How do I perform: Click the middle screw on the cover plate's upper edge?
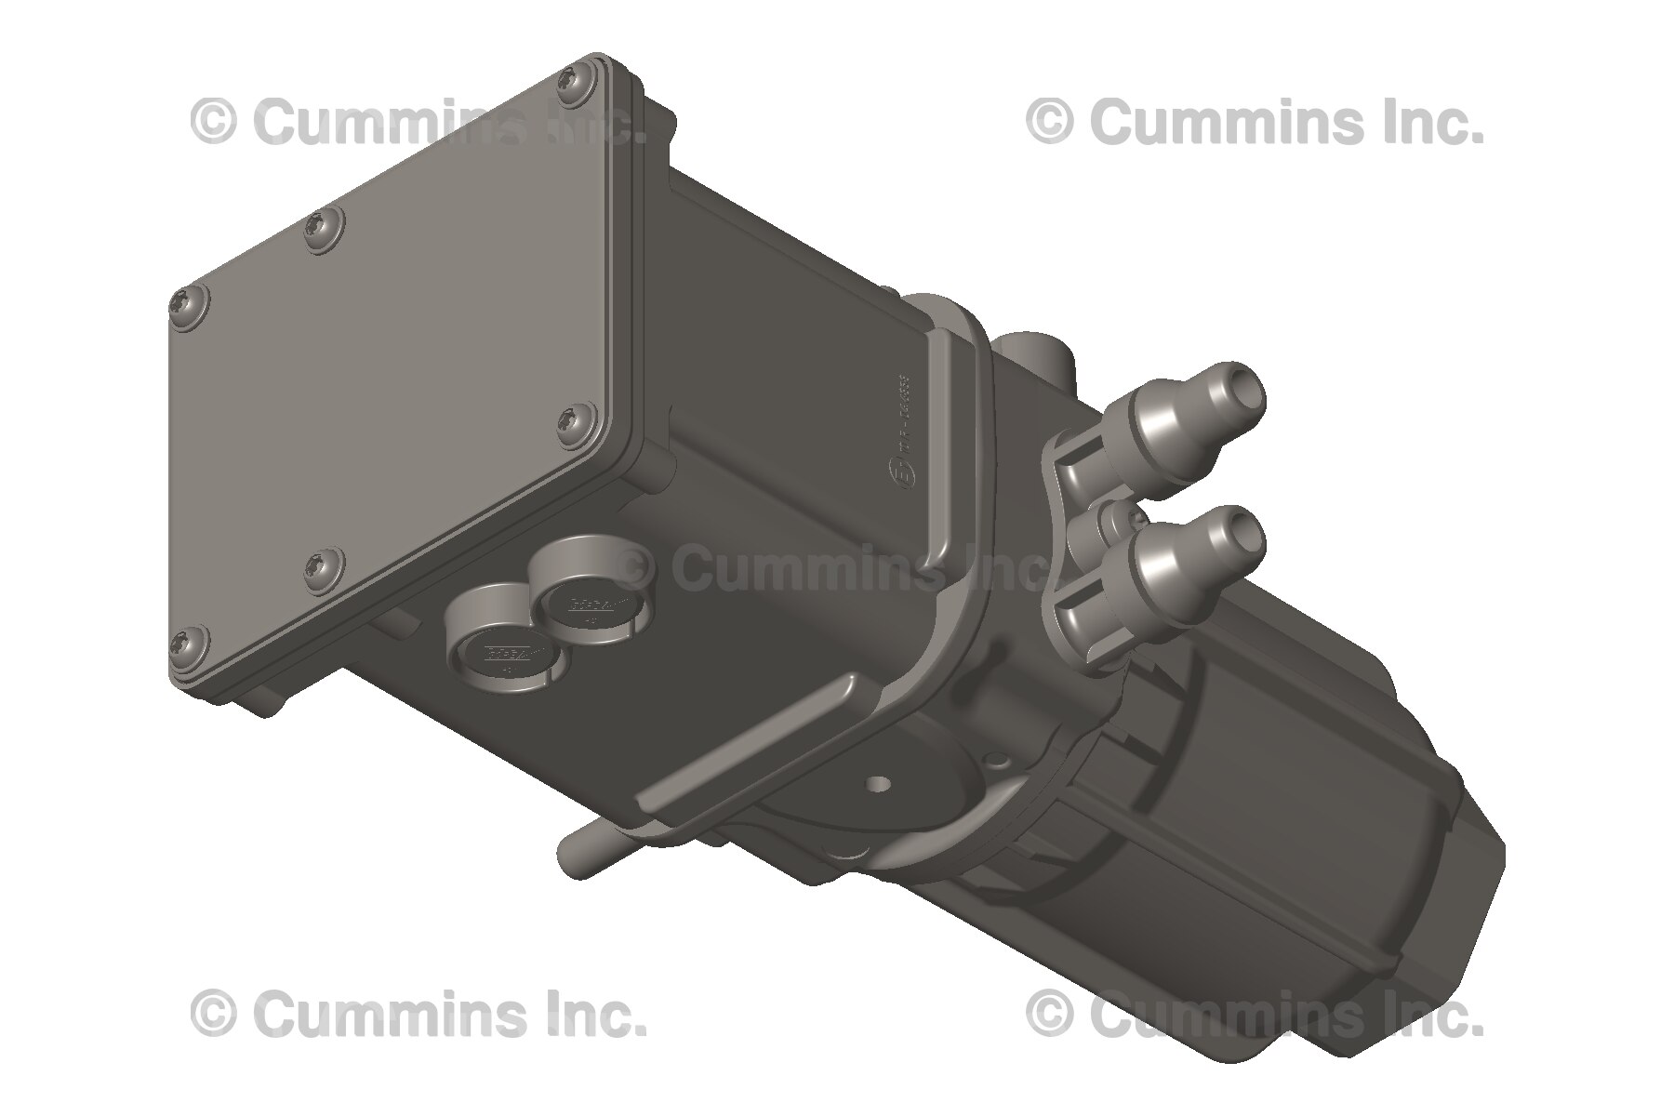tap(323, 223)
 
